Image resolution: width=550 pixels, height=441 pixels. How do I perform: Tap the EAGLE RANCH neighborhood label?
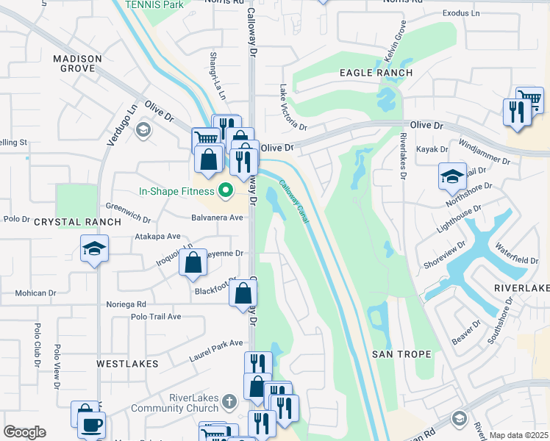click(x=376, y=73)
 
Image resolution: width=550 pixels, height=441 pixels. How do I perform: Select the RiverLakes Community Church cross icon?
click(x=229, y=402)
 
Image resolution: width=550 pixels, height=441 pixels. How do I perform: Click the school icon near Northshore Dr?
click(x=452, y=176)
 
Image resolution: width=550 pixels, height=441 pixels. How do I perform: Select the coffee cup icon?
click(x=91, y=425)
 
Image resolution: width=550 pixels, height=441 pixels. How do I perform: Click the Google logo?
click(x=24, y=432)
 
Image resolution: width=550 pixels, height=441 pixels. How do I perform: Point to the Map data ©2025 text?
click(x=518, y=435)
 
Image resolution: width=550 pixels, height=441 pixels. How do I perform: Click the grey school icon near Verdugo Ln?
click(x=143, y=129)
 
